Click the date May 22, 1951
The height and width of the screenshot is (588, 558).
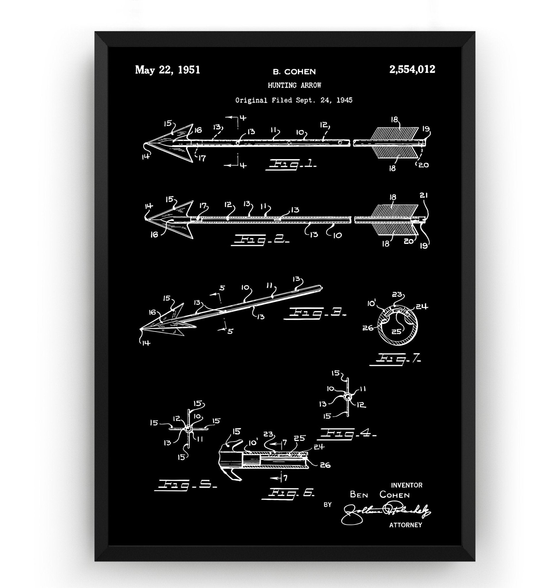tap(168, 70)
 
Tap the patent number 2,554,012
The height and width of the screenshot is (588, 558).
tap(412, 69)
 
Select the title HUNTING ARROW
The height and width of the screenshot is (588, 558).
tap(294, 86)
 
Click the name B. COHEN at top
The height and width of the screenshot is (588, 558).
tap(294, 71)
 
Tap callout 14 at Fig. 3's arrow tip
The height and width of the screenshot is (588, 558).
tap(146, 343)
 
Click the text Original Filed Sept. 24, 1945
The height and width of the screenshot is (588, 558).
tap(294, 100)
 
